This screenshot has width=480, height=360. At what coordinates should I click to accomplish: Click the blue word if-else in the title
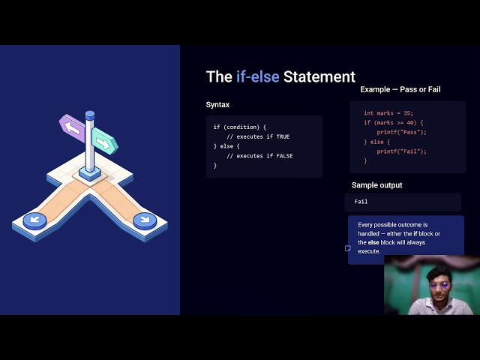[257, 76]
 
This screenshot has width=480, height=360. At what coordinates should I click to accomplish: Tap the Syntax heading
[217, 105]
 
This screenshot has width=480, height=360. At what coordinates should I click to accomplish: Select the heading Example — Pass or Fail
[400, 89]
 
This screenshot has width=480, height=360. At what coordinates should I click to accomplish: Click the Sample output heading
[376, 185]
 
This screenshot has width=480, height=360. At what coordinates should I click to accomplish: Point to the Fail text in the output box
[361, 202]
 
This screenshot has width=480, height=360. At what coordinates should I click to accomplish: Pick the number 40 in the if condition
[410, 123]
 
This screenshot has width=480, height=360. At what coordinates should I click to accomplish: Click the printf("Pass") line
[401, 132]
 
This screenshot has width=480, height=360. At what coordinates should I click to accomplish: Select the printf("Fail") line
[401, 151]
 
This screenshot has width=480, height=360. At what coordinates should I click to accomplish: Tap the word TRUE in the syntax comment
[283, 136]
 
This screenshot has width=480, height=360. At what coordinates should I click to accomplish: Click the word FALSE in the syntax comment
[284, 156]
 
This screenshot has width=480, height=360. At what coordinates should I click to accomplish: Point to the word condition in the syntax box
[243, 127]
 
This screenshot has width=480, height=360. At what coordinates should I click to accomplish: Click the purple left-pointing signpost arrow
[72, 127]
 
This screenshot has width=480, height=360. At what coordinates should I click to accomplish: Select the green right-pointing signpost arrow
[105, 141]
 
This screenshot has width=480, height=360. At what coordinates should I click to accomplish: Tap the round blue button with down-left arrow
[35, 220]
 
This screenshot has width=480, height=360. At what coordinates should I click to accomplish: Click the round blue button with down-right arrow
[145, 220]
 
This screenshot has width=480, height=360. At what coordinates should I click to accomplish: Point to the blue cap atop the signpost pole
[90, 115]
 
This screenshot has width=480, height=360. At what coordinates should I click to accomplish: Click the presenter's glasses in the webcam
[439, 286]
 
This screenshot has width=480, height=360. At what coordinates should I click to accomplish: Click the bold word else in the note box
[373, 242]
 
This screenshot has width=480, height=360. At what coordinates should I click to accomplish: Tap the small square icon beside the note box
[348, 248]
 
